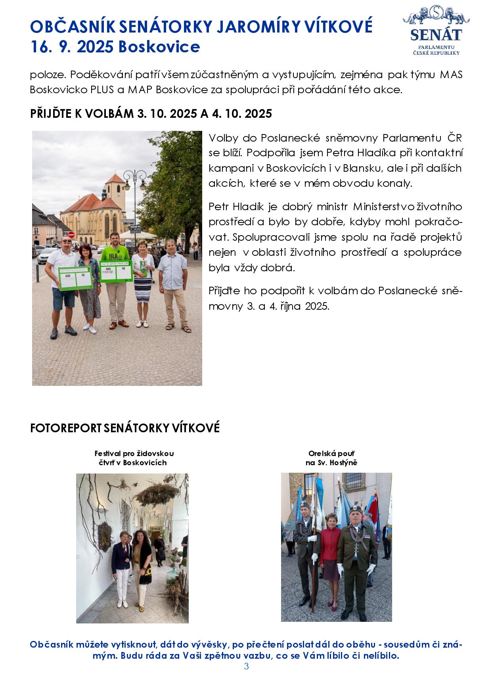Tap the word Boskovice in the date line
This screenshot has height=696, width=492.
tap(159, 47)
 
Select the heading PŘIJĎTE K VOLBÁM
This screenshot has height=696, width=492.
tap(151, 114)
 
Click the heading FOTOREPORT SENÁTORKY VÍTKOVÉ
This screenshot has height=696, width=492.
tap(125, 428)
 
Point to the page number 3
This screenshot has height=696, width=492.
tap(246, 666)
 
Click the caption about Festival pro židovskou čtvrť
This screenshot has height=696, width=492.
tap(134, 458)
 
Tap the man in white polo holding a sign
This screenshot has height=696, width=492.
tap(63, 278)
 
